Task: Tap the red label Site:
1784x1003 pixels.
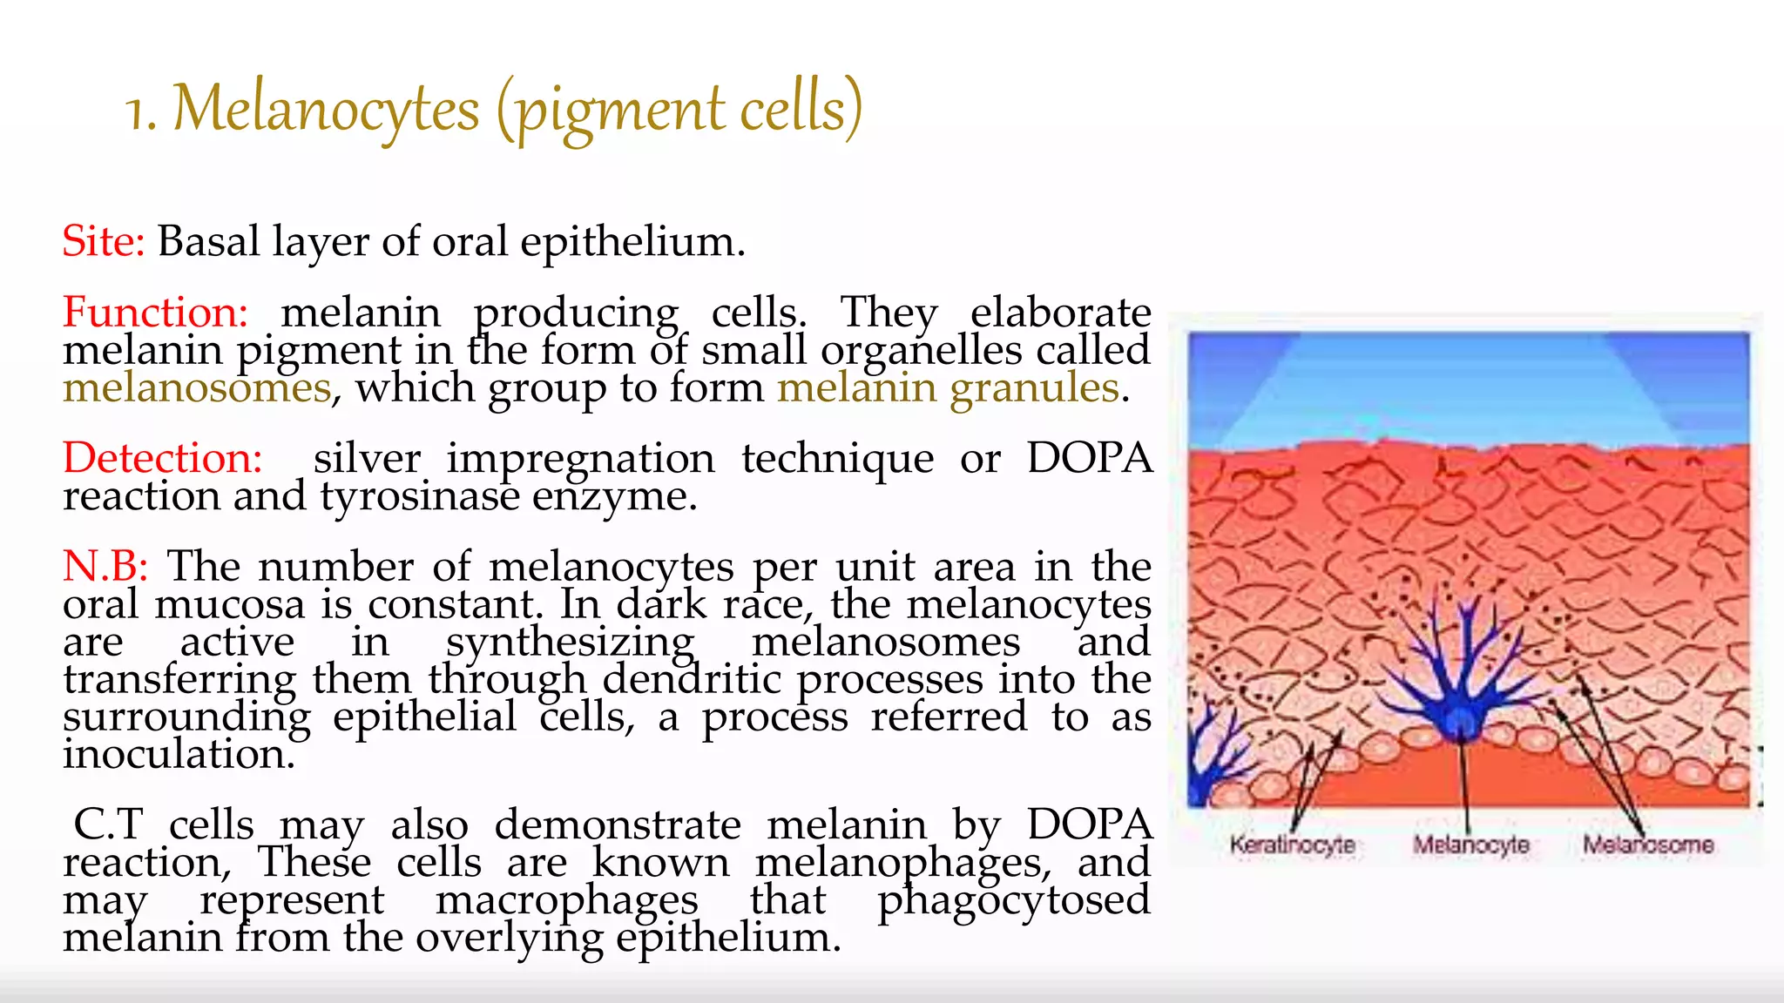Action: (x=103, y=241)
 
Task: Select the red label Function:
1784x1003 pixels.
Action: (x=155, y=313)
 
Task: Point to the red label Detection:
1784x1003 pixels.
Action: (x=162, y=458)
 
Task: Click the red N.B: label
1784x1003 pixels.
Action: (x=105, y=567)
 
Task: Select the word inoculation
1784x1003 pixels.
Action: (x=178, y=754)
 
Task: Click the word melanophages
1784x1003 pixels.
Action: (x=902, y=863)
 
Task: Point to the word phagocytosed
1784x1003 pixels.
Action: (x=1013, y=900)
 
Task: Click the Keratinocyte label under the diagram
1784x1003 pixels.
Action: (x=1292, y=845)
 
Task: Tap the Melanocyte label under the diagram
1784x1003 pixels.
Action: (x=1471, y=845)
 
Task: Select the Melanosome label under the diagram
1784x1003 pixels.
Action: (x=1648, y=845)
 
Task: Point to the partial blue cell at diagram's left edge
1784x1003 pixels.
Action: (x=1211, y=749)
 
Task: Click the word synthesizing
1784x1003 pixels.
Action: (x=570, y=643)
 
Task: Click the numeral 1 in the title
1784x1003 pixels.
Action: (x=137, y=113)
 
